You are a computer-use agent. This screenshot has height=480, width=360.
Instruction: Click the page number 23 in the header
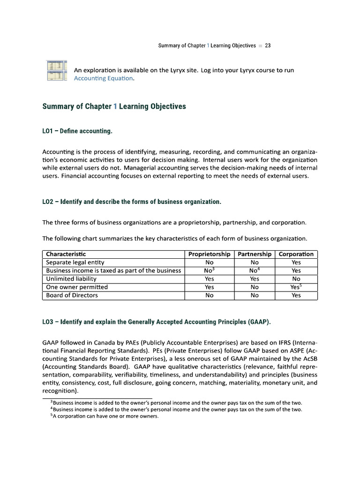pyautogui.click(x=268, y=45)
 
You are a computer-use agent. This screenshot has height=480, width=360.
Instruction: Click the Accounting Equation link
pyautogui.click(x=104, y=78)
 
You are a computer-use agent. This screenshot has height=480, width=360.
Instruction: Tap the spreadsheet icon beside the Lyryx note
pyautogui.click(x=57, y=71)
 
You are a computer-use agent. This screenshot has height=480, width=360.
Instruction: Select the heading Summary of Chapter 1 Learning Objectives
pyautogui.click(x=114, y=106)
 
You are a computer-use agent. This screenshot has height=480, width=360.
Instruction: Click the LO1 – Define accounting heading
pyautogui.click(x=77, y=131)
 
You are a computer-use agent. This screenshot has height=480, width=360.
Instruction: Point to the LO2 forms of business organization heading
pyautogui.click(x=131, y=202)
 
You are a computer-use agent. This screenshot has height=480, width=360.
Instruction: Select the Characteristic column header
pyautogui.click(x=66, y=254)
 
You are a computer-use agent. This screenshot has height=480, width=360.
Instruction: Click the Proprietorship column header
pyautogui.click(x=209, y=254)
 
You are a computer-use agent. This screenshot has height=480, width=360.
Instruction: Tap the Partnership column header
pyautogui.click(x=255, y=254)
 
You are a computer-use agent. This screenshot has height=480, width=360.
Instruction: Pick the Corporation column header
pyautogui.click(x=296, y=254)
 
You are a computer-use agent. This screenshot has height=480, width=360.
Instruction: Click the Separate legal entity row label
pyautogui.click(x=75, y=262)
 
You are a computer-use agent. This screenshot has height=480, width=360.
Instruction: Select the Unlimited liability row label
pyautogui.click(x=71, y=278)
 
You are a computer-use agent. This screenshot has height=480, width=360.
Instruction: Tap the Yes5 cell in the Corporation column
pyautogui.click(x=296, y=287)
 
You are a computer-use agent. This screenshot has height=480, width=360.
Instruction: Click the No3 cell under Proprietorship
pyautogui.click(x=209, y=270)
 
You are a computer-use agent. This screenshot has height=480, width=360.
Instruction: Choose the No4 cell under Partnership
pyautogui.click(x=255, y=270)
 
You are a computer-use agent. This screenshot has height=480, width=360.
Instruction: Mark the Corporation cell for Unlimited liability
pyautogui.click(x=296, y=278)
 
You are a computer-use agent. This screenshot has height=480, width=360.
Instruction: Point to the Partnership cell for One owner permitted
pyautogui.click(x=255, y=287)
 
